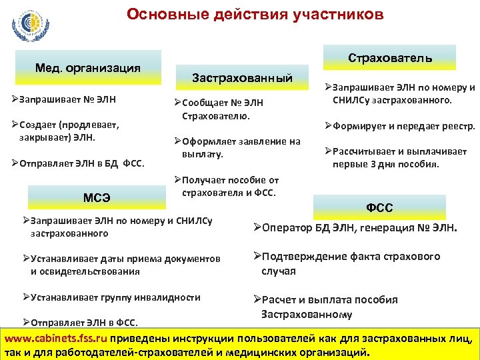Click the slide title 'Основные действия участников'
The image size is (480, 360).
pos(255,14)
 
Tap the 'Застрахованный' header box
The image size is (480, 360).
pos(242,78)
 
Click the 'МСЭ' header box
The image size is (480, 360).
pos(97,197)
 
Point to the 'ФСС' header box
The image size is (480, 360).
pos(379,207)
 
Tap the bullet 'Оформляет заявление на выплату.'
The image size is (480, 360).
pos(237,147)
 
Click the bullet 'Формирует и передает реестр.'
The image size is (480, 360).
pos(400,126)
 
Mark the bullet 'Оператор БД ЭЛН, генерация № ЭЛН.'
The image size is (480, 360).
pos(355,228)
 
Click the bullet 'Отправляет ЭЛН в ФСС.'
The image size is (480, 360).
pos(80,323)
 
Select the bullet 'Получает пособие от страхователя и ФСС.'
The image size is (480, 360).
pos(226,187)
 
